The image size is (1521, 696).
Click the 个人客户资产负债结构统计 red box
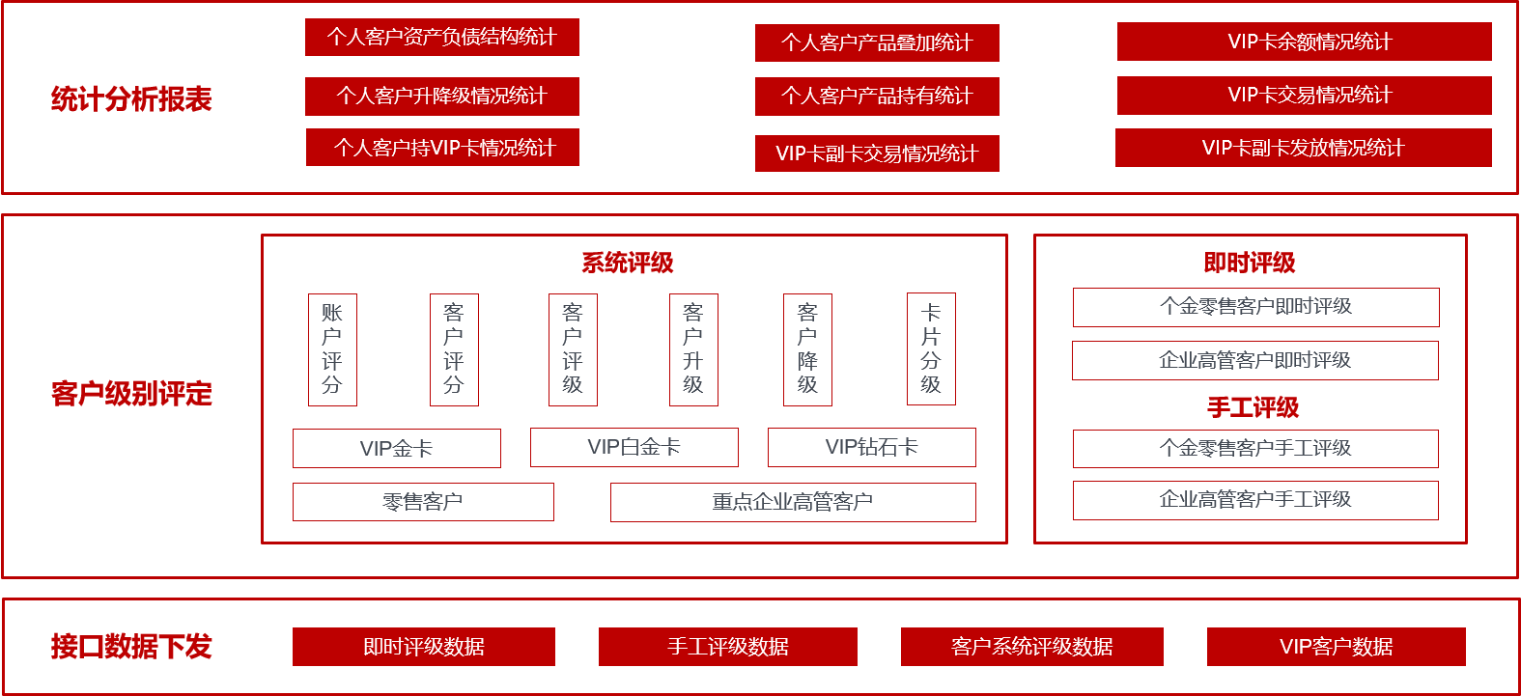pyautogui.click(x=441, y=38)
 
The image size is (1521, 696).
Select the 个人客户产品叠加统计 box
pyautogui.click(x=877, y=43)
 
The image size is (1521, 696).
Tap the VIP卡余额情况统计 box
pyautogui.click(x=1304, y=42)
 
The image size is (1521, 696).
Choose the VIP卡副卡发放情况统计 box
pyautogui.click(x=1303, y=148)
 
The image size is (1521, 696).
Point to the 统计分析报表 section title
pyautogui.click(x=131, y=99)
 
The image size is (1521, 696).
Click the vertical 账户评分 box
pyautogui.click(x=332, y=349)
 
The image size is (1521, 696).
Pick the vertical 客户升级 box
pyautogui.click(x=693, y=349)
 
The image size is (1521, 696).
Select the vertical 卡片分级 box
pyautogui.click(x=931, y=348)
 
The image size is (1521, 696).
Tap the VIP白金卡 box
pyautogui.click(x=634, y=447)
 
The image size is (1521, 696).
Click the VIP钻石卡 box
pyautogui.click(x=871, y=447)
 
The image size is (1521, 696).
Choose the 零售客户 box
pyautogui.click(x=423, y=502)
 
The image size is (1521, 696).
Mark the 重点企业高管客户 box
pyautogui.click(x=793, y=502)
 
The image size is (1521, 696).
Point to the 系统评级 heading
pyautogui.click(x=628, y=263)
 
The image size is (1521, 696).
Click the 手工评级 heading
pyautogui.click(x=1253, y=407)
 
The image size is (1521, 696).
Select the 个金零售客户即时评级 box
pyautogui.click(x=1255, y=307)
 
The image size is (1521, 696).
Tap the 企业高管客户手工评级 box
pyautogui.click(x=1255, y=500)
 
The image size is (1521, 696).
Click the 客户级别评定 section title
pyautogui.click(x=131, y=394)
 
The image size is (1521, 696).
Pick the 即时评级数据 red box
pyautogui.click(x=424, y=647)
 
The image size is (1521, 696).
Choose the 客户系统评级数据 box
pyautogui.click(x=1031, y=647)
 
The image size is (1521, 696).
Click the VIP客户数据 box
pyautogui.click(x=1336, y=647)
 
